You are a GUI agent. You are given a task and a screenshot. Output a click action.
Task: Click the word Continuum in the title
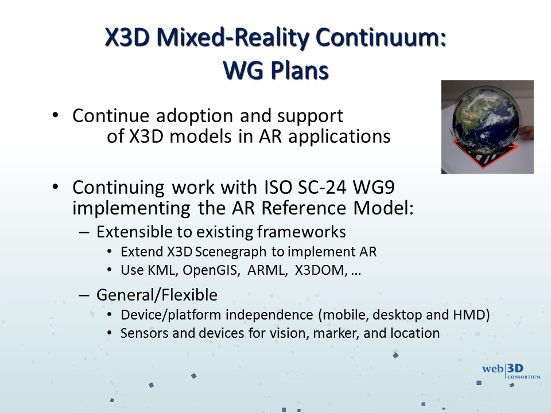pos(381,37)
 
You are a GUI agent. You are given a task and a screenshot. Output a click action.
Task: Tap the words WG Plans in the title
pos(276,70)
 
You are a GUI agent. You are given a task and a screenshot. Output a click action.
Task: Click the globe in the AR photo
pos(486,121)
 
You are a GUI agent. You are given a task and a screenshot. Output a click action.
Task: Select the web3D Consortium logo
pos(511,371)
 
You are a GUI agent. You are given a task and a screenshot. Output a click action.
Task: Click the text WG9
pos(374,187)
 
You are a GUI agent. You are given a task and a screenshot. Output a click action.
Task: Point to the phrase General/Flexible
pos(157,295)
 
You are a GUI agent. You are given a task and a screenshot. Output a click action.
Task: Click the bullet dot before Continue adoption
pos(55,115)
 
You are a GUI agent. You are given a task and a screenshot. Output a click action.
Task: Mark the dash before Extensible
pos(84,232)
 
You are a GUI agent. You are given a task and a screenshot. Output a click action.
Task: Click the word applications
pos(339,137)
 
